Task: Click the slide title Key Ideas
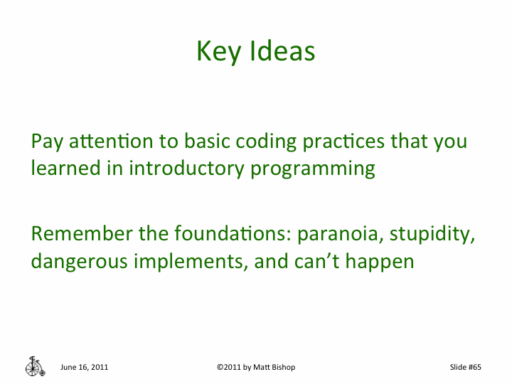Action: point(255,52)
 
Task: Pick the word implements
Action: point(188,261)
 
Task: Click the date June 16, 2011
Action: point(84,367)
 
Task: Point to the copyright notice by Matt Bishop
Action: point(255,367)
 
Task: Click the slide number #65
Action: point(466,367)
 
